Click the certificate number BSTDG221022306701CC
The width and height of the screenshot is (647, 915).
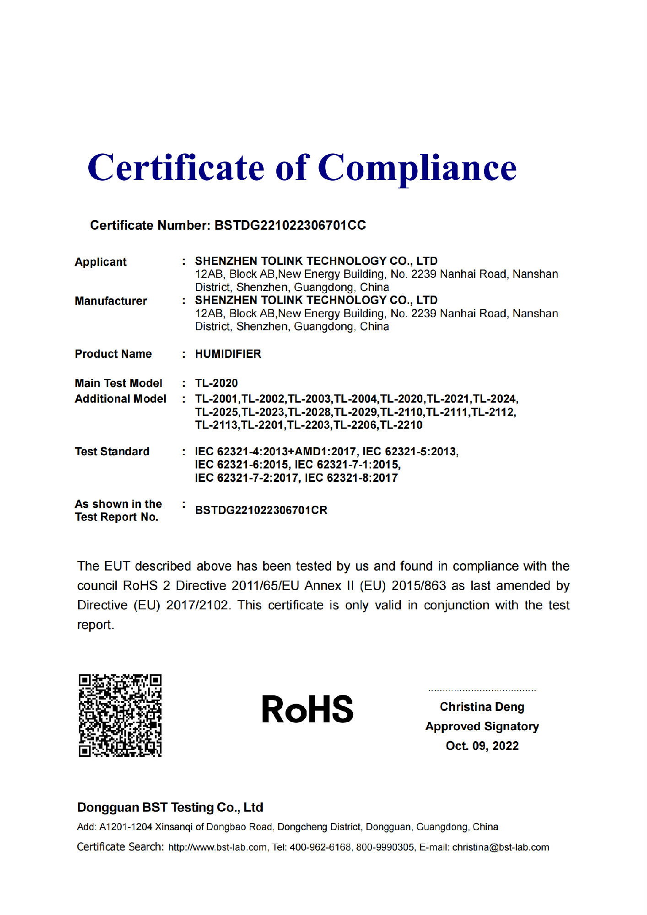[290, 225]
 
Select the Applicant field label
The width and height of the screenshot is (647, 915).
[101, 262]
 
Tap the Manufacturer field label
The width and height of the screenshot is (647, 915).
[111, 301]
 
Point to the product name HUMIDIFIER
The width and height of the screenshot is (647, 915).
[228, 354]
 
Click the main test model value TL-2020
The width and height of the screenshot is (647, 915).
[216, 383]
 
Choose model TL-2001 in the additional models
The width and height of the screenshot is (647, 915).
[216, 399]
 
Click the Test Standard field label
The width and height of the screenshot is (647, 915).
[112, 452]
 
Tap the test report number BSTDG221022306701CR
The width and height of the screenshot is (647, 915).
[261, 510]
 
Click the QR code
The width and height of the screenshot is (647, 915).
[120, 715]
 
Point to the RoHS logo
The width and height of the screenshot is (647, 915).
[307, 710]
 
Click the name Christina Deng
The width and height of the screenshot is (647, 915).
[482, 707]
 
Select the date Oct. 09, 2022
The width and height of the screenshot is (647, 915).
[482, 746]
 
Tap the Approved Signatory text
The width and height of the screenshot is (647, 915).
[482, 727]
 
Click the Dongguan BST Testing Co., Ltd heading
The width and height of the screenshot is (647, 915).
[170, 807]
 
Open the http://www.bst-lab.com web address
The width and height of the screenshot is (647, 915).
[217, 847]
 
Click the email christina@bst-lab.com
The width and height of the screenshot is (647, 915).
[501, 847]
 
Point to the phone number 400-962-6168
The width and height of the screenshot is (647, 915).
[320, 847]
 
